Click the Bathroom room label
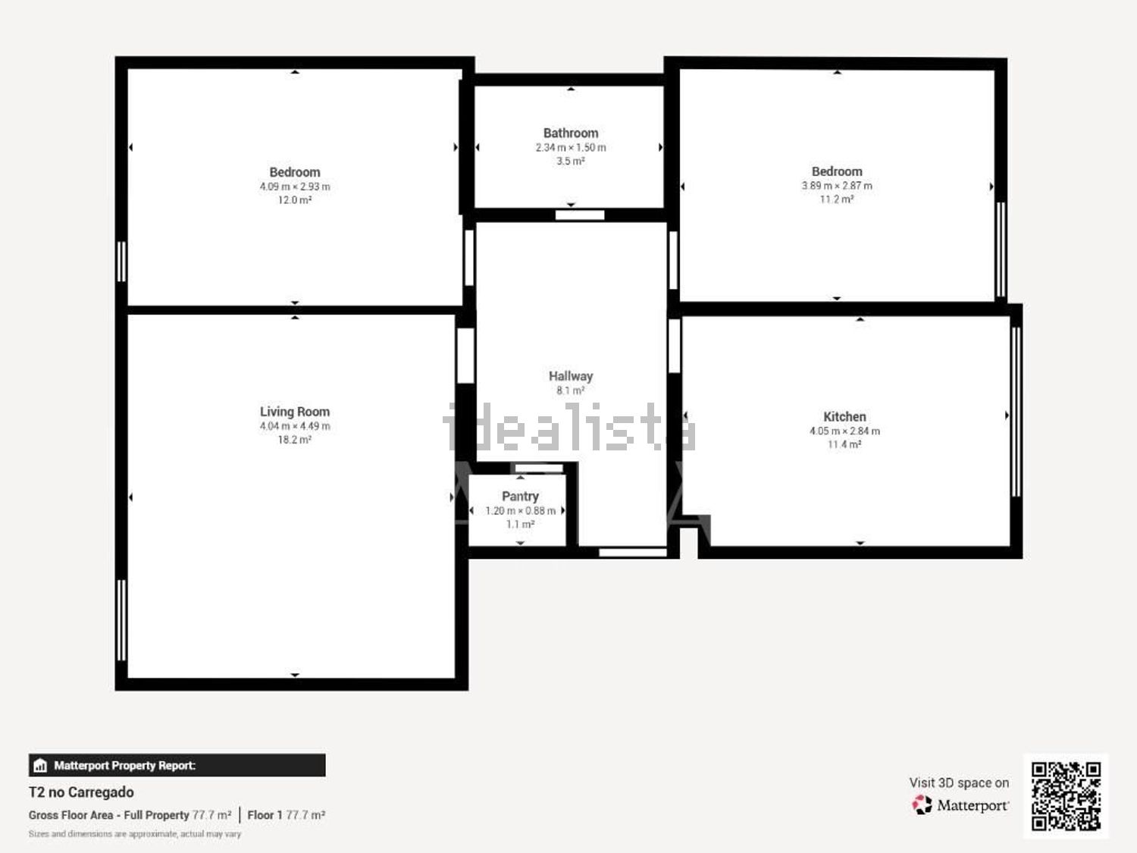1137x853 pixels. (x=570, y=133)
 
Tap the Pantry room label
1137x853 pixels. (x=520, y=496)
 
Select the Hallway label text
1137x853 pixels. (x=570, y=376)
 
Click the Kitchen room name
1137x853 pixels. (x=844, y=416)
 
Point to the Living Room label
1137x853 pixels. (x=295, y=412)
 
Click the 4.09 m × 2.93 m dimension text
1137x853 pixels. (x=295, y=187)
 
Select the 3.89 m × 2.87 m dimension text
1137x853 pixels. (x=837, y=186)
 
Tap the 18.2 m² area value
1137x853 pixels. (x=295, y=440)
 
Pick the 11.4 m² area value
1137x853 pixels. (x=844, y=444)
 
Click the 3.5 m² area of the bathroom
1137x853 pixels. (x=570, y=161)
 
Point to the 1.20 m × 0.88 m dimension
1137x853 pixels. (x=520, y=510)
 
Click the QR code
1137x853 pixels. (x=1066, y=796)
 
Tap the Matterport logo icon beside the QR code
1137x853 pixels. (x=922, y=804)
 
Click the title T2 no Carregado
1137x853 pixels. (x=81, y=792)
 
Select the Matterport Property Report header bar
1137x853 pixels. (x=177, y=765)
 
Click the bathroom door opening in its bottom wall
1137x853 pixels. (x=580, y=215)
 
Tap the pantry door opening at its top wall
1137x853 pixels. (x=539, y=468)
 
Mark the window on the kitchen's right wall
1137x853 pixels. (x=1016, y=412)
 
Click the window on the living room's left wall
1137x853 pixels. (x=121, y=620)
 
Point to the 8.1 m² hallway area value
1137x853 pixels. (x=570, y=390)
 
